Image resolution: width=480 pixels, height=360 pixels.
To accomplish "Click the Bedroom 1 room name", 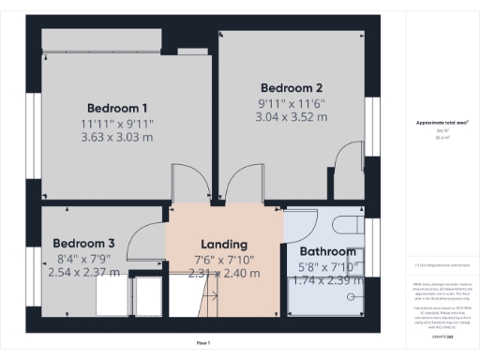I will tap(117, 106).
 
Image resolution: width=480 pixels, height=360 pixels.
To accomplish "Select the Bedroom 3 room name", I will tap(83, 242).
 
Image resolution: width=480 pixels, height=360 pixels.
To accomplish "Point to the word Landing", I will tap(224, 244).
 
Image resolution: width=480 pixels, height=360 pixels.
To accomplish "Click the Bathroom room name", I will tap(327, 252).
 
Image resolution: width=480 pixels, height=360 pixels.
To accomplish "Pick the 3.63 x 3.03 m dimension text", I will tap(117, 137).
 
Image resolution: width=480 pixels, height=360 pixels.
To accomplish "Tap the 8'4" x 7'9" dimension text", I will tap(83, 258).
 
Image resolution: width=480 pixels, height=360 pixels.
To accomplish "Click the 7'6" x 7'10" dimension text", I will tap(224, 260).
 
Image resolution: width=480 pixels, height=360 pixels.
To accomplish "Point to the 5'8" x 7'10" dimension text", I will tap(327, 267).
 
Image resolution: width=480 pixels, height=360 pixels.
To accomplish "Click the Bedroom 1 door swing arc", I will tap(186, 183).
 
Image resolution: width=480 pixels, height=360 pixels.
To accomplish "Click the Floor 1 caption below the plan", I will tap(202, 344).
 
